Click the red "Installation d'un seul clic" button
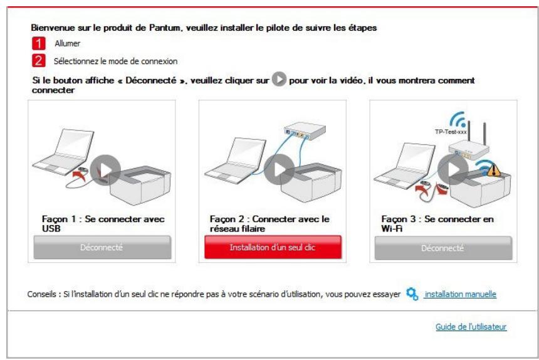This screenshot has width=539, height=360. (272, 247)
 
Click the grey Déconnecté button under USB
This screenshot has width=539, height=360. (102, 247)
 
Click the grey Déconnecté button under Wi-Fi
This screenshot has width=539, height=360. (443, 247)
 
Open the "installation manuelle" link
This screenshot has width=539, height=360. (460, 294)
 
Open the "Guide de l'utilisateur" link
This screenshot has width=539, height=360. (471, 327)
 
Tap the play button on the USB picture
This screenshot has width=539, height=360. (105, 169)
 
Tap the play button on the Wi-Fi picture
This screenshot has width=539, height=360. (452, 169)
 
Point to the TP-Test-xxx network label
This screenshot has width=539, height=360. (451, 132)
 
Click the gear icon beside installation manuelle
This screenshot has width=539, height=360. (412, 294)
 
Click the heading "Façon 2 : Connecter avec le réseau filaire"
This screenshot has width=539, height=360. (269, 223)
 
